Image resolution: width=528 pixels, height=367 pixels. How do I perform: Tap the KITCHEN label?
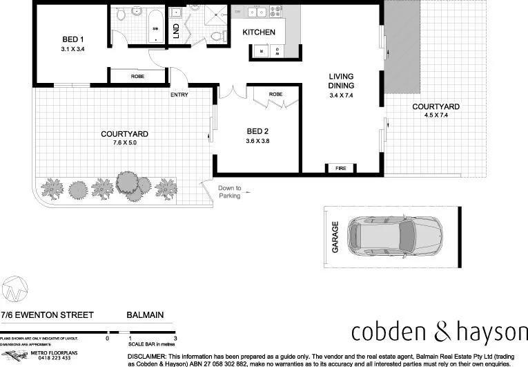tap(259, 32)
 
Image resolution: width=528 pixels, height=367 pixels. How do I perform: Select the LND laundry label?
tap(176, 31)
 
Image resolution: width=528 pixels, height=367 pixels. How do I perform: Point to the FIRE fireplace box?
tap(340, 168)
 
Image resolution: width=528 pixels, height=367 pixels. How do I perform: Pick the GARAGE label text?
tap(335, 236)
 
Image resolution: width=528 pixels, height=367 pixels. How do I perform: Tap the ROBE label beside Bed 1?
tap(137, 77)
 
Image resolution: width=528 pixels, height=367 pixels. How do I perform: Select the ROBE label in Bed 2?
tap(276, 94)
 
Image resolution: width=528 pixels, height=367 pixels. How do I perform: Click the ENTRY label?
tap(179, 95)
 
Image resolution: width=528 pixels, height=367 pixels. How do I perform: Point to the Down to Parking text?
tap(230, 191)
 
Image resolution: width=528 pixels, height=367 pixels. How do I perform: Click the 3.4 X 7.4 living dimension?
tap(341, 95)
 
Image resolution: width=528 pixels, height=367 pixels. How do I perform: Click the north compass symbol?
tap(14, 289)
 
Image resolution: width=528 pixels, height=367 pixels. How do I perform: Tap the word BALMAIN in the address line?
tap(145, 315)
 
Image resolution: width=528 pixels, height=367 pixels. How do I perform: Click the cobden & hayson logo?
tap(436, 331)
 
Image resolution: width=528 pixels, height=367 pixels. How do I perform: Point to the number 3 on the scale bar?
tap(175, 338)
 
